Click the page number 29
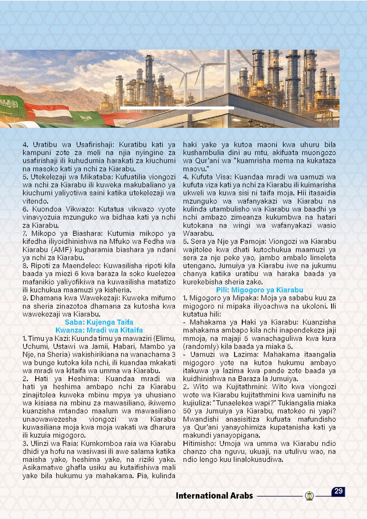pyautogui.click(x=338, y=491)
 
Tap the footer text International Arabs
pyautogui.click(x=214, y=496)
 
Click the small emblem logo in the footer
pyautogui.click(x=309, y=496)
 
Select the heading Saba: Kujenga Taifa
pyautogui.click(x=99, y=322)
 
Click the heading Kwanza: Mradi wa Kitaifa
pyautogui.click(x=99, y=330)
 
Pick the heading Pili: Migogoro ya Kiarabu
pyautogui.click(x=260, y=290)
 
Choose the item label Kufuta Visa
pyautogui.click(x=211, y=177)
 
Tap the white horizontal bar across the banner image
pyautogui.click(x=177, y=108)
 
